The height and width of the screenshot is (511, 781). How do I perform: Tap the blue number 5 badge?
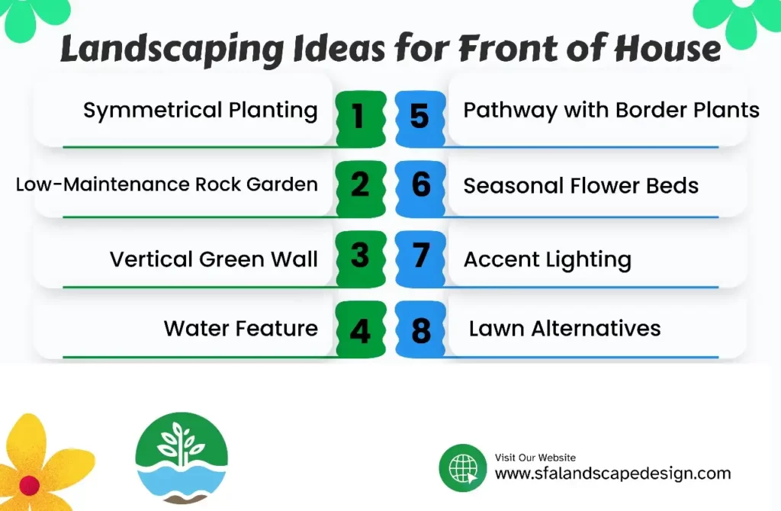click(420, 117)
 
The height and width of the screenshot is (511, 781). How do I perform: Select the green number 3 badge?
click(359, 256)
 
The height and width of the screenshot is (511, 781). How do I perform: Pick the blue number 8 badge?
click(421, 332)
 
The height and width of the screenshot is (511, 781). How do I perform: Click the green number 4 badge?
click(359, 332)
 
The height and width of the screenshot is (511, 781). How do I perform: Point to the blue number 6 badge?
click(421, 185)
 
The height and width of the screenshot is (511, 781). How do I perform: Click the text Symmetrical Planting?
click(200, 111)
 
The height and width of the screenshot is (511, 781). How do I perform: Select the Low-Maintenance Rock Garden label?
click(166, 185)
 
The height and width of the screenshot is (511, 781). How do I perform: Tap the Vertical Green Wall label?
click(214, 259)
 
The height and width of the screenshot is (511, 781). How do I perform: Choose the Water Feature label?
click(240, 329)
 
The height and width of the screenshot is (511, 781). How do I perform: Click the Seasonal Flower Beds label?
click(580, 185)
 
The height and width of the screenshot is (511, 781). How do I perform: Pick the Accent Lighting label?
click(547, 260)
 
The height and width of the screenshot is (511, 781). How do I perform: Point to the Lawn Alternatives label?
click(564, 329)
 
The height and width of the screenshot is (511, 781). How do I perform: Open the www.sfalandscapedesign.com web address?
click(612, 474)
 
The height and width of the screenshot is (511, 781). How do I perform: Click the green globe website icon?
click(462, 468)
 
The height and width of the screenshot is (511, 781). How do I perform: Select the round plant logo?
click(182, 458)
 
